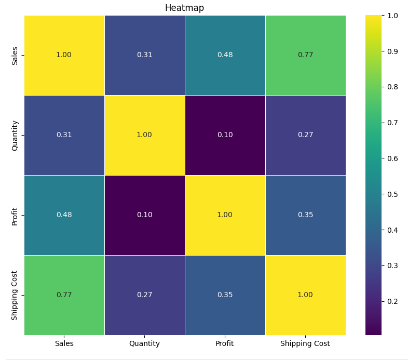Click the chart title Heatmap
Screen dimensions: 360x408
(x=184, y=8)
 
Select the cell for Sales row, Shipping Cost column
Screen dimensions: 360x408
(x=305, y=55)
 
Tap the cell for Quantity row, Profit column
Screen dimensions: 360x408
(x=225, y=135)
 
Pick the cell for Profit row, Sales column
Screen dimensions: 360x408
(x=64, y=215)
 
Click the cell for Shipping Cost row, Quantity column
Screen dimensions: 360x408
(x=144, y=295)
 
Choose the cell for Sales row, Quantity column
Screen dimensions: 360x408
(x=144, y=55)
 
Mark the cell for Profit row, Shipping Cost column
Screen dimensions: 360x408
(x=305, y=215)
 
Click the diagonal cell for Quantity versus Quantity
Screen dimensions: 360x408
(x=144, y=135)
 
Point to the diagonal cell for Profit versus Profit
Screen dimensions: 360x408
(x=225, y=215)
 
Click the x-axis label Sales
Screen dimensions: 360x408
(x=64, y=343)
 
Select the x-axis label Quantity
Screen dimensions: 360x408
(x=144, y=343)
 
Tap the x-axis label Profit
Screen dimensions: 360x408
(x=225, y=343)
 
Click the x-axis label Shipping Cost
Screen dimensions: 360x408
(x=305, y=343)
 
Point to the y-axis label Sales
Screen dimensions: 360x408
(x=15, y=55)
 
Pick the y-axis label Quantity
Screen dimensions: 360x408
(x=15, y=135)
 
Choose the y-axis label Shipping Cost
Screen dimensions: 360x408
(x=15, y=295)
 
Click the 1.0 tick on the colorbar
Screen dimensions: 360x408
(x=390, y=16)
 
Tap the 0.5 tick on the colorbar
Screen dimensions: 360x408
(x=390, y=194)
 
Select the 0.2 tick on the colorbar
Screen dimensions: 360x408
(x=390, y=301)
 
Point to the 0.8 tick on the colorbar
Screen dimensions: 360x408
(x=390, y=87)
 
